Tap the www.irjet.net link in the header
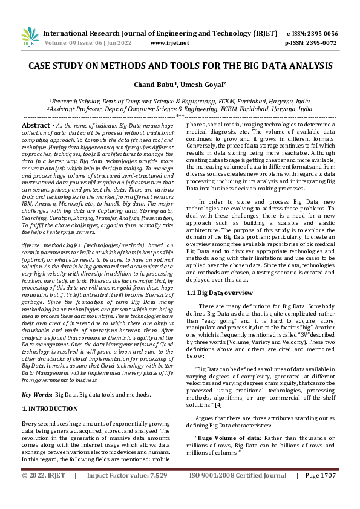click(x=169, y=43)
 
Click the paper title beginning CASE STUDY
click(x=180, y=65)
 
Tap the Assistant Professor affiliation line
click(x=180, y=109)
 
